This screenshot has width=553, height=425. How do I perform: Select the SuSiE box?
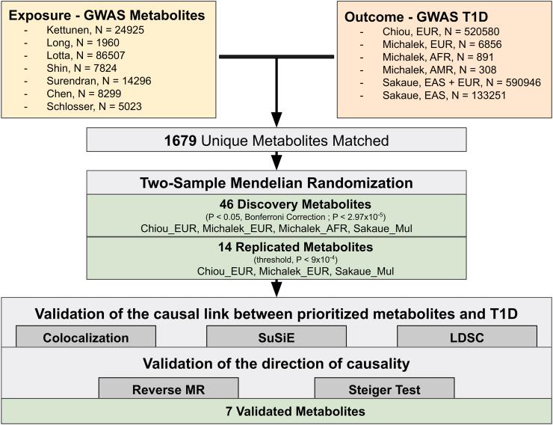coord(276,337)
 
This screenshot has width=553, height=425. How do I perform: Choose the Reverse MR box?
coord(168,389)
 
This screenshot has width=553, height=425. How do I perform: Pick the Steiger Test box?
coord(384,389)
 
